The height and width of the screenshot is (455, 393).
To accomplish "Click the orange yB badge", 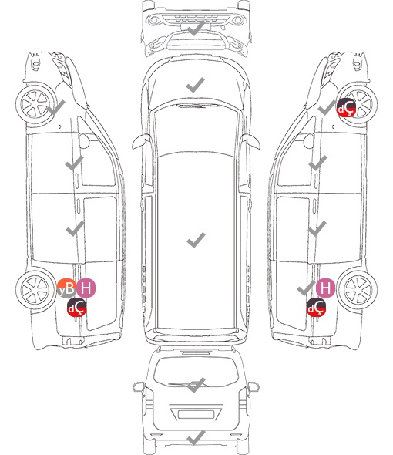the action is (x=66, y=288).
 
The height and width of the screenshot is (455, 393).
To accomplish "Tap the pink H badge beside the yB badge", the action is (x=86, y=288).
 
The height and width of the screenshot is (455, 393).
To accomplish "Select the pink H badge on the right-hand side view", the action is (x=325, y=288).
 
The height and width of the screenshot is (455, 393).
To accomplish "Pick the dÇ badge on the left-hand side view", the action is (x=76, y=307).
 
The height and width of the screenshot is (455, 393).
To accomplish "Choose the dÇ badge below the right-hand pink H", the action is (x=316, y=307).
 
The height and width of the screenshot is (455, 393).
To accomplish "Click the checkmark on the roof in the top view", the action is (x=196, y=240).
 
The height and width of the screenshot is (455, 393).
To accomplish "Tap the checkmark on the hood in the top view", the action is (x=196, y=85).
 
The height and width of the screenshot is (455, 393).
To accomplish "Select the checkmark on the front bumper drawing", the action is (x=196, y=28).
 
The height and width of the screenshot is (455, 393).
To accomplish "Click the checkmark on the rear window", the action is (x=196, y=385).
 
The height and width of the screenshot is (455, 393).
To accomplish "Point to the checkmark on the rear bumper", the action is (x=196, y=437).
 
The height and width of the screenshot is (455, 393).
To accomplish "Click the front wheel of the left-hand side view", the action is (x=35, y=104).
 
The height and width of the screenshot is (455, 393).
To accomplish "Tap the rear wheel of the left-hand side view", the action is (x=35, y=290).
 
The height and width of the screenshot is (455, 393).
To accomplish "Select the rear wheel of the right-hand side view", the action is (x=358, y=288).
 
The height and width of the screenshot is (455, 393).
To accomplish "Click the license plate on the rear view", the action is (x=196, y=414).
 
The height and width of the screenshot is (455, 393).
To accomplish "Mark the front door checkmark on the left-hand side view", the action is (x=74, y=163).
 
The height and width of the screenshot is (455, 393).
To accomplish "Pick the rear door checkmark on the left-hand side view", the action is (x=75, y=228).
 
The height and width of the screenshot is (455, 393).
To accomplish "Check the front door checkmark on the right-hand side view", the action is (x=318, y=163).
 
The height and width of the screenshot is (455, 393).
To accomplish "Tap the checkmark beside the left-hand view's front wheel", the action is (x=56, y=108).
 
